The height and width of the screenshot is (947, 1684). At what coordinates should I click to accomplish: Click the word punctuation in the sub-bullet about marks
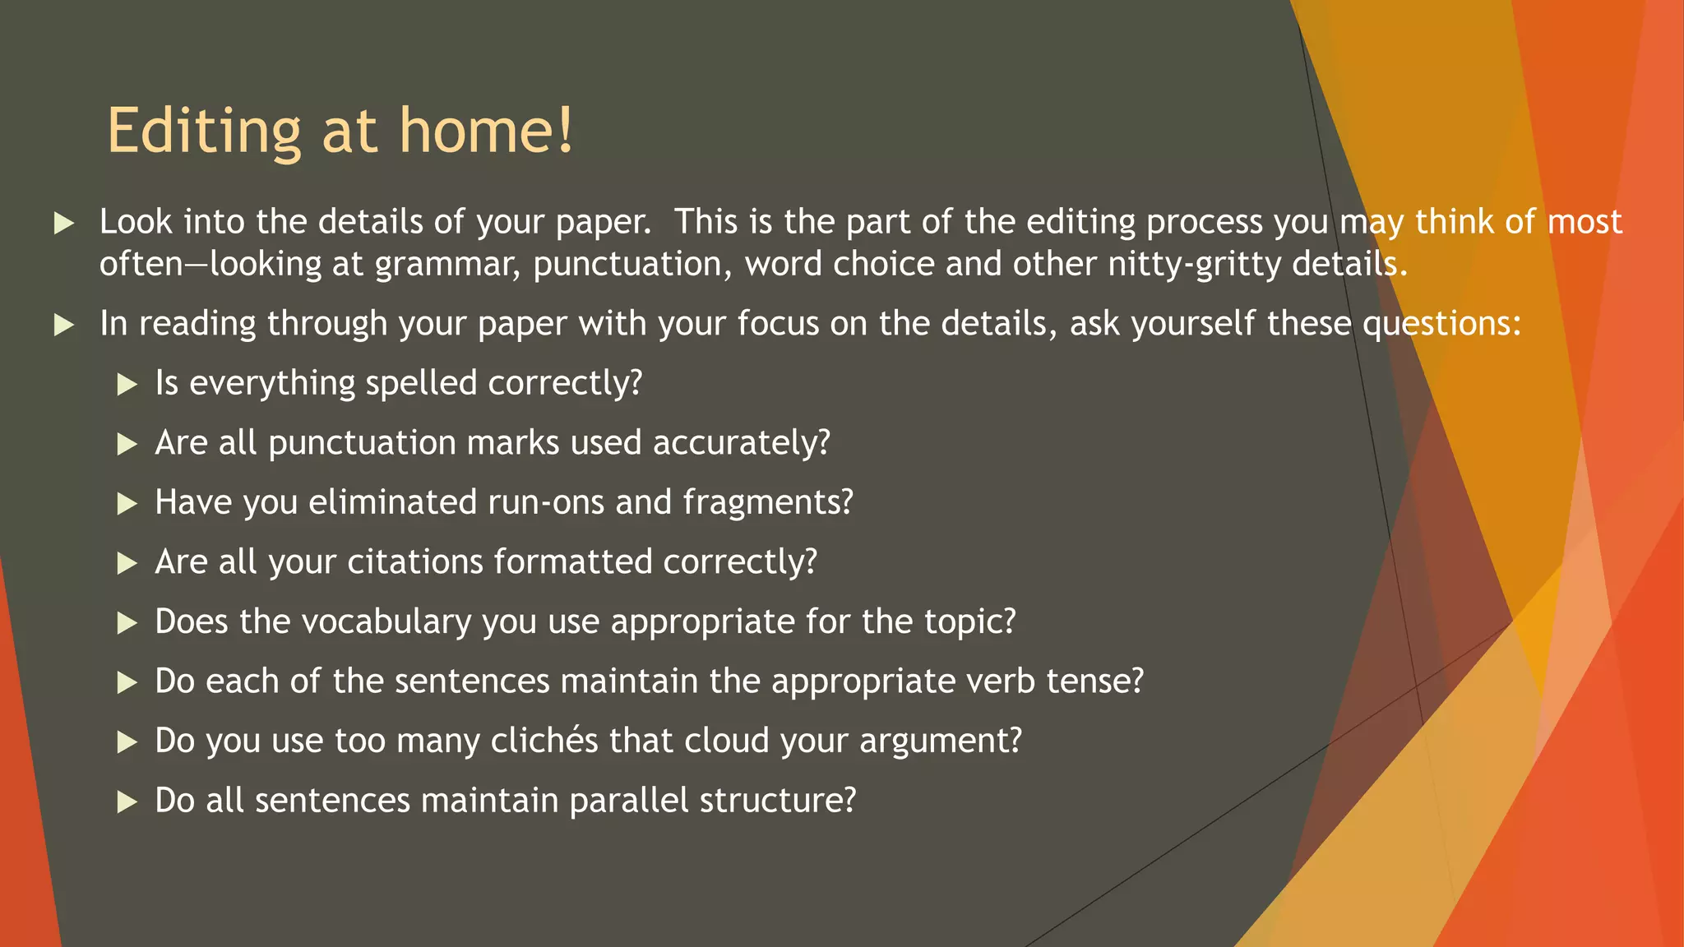362,443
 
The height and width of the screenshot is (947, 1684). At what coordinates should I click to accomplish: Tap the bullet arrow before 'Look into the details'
63,223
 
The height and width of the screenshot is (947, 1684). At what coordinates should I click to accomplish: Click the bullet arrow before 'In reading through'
63,325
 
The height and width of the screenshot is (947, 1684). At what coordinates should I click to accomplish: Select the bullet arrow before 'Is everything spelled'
127,384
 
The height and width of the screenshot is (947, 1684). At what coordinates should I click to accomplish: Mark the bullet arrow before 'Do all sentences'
127,801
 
